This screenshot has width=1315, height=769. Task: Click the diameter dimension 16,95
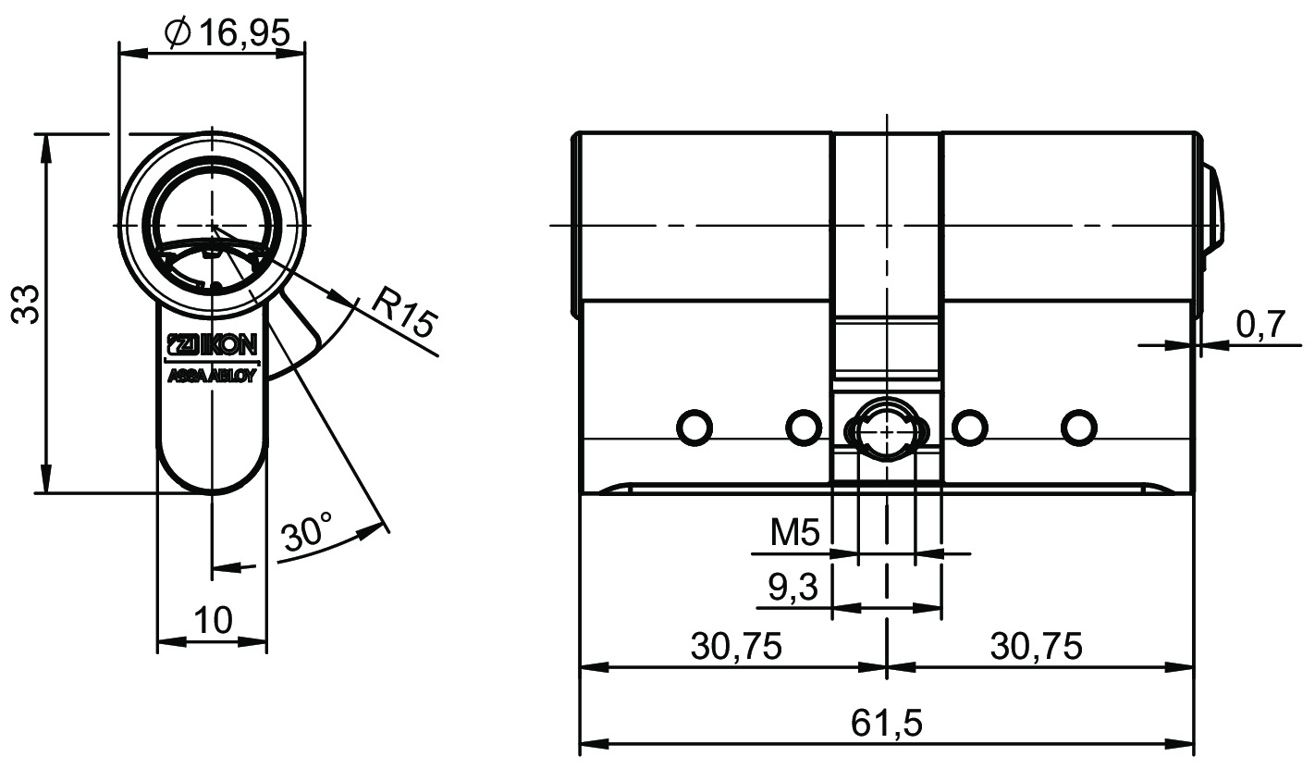coord(227,33)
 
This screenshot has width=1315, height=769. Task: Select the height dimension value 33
coord(27,304)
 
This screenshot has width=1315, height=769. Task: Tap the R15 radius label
coord(405,312)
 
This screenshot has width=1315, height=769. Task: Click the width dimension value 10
coord(213,620)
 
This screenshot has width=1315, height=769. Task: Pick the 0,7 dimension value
coord(1261,324)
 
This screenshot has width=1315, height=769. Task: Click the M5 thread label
coord(794,533)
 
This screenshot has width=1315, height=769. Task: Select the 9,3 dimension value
coord(793,587)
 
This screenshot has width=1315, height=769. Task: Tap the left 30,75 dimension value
coord(736,646)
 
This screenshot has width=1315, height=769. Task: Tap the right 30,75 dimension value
coord(1036,646)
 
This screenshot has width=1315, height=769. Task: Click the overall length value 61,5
coord(887,723)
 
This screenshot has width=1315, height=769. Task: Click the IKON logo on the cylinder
coord(212,345)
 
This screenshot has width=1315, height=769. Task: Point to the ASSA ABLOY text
coord(212,377)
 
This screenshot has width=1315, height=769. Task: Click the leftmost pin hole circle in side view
coord(694,427)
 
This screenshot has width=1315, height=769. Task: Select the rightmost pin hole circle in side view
coord(1079,427)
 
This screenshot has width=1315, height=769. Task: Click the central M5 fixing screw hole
coord(887,431)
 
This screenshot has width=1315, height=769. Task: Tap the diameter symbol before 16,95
coord(178,33)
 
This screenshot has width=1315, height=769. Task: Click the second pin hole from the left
coord(803,427)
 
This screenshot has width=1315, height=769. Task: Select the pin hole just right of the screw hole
coord(970,427)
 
